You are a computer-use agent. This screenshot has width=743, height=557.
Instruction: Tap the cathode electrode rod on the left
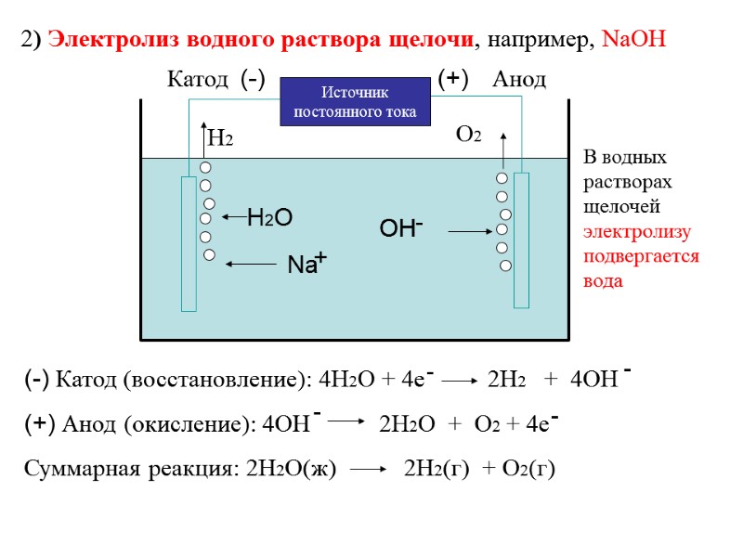coord(189,243)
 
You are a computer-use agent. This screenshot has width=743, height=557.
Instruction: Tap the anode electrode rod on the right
coord(521,240)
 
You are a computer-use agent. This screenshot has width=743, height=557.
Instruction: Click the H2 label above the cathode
coord(220,139)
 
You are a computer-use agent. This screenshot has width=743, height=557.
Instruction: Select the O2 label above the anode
coord(469,136)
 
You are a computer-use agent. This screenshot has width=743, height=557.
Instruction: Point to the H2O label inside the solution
coord(269,218)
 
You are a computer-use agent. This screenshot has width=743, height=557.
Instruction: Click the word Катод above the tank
coord(197,80)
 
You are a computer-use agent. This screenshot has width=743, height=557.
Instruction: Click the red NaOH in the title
coord(634,41)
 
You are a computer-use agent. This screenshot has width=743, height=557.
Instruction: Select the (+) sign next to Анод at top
coord(452,80)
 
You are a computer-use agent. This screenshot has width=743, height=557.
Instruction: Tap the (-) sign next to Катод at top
coord(253,80)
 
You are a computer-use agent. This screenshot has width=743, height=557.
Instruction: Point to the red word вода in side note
coord(603,280)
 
